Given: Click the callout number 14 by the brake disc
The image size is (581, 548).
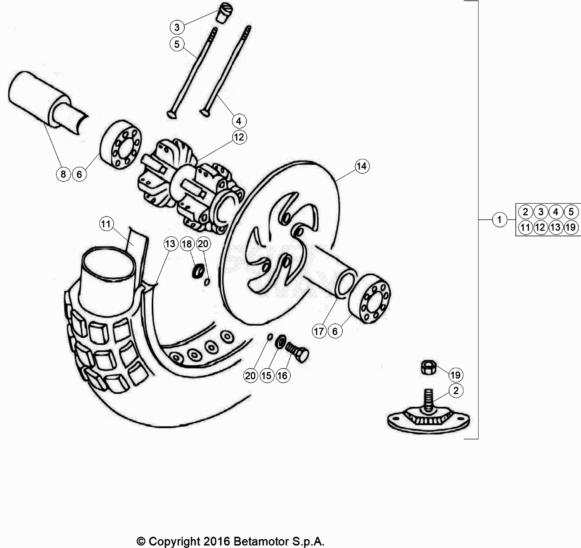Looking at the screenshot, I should (362, 166).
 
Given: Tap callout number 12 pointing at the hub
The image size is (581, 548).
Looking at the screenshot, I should (239, 137).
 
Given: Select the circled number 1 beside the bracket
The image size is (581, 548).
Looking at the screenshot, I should (499, 220).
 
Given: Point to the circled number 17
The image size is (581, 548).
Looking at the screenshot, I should (319, 331).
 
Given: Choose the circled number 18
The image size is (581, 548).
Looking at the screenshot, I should (187, 244).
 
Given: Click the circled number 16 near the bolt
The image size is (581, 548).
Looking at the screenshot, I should (283, 375).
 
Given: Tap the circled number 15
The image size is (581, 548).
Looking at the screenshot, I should (267, 375).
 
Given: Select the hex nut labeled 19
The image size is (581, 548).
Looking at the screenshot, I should (429, 367).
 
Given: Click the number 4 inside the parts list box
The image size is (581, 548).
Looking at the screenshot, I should (555, 212).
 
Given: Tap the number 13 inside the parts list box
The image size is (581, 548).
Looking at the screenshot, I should (555, 227).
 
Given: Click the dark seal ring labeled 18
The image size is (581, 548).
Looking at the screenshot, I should (198, 271).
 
